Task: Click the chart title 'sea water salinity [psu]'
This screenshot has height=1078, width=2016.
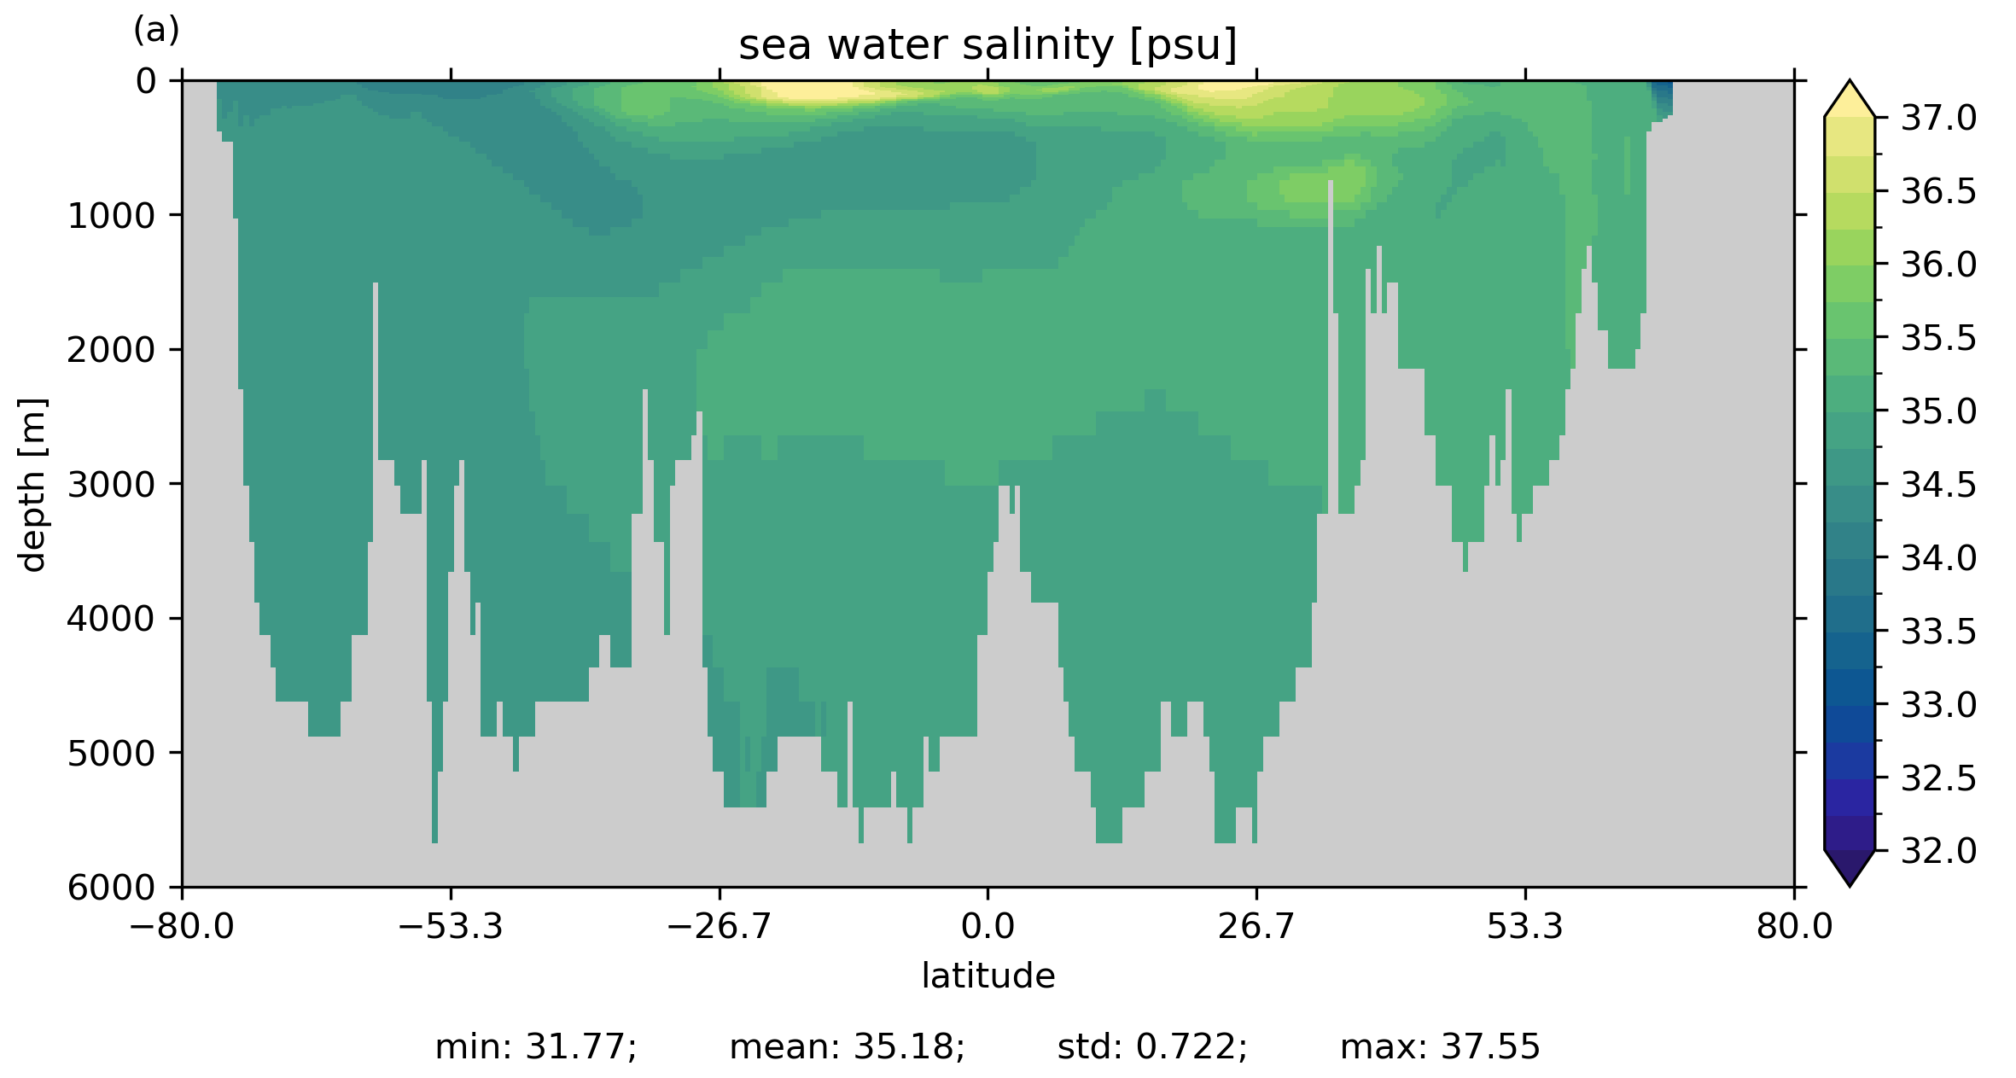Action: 988,45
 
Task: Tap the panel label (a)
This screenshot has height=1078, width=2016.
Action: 156,31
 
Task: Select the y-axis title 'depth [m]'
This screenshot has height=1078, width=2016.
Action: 32,484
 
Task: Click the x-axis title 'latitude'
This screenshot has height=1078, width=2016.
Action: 988,976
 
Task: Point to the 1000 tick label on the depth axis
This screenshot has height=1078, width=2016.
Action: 112,216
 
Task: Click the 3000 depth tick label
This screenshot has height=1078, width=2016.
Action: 112,485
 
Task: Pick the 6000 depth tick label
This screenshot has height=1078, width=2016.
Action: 112,888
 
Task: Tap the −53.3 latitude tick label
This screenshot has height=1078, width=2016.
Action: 451,926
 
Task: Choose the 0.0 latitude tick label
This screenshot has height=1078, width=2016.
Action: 988,926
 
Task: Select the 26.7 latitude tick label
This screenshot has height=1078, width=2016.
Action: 1256,926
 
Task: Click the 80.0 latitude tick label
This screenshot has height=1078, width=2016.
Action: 1794,926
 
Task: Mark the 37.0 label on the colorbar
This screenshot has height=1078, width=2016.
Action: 1938,119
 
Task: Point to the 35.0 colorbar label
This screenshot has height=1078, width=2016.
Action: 1938,411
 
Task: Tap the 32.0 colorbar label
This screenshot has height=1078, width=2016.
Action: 1938,851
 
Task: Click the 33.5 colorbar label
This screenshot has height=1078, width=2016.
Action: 1938,632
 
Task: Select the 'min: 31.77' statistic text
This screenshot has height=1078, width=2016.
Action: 536,1047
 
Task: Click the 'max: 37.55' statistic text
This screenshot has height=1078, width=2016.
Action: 1440,1047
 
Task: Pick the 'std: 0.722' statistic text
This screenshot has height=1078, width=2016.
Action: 1152,1047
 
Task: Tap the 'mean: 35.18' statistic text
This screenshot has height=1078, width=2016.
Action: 847,1047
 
